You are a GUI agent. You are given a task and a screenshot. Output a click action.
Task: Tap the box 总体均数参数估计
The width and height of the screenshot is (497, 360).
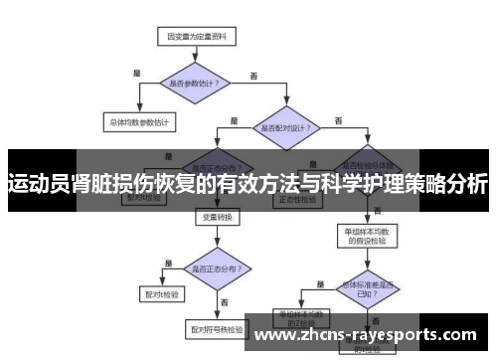pos(139,123)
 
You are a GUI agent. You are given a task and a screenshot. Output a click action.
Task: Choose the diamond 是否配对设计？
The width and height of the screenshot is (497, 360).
pos(289,128)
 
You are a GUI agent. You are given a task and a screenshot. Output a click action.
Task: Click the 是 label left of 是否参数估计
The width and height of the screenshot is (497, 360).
pos(136,73)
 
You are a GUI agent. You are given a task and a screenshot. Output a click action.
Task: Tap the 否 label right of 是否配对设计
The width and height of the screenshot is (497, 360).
pos(339,120)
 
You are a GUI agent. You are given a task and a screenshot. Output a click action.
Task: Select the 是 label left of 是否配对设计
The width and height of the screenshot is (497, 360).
pos(235,120)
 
